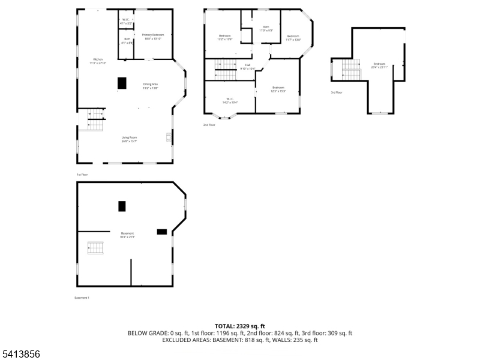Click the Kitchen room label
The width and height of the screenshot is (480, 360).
98,61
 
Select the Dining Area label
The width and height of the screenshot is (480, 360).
150,85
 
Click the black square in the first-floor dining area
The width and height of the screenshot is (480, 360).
122,83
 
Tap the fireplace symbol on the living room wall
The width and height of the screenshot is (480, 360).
169,139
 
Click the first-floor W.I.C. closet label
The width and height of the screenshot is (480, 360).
126,21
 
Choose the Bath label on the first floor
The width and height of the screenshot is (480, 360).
127,41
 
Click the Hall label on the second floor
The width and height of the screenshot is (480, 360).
247,66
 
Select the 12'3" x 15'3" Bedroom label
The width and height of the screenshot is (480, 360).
278,89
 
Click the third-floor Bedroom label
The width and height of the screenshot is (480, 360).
379,65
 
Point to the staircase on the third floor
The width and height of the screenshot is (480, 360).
351,69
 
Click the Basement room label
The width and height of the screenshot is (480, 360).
127,235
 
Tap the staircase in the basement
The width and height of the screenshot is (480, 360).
95,247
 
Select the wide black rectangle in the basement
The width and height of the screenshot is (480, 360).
161,232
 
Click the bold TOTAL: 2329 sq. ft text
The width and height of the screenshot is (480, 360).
239,326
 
